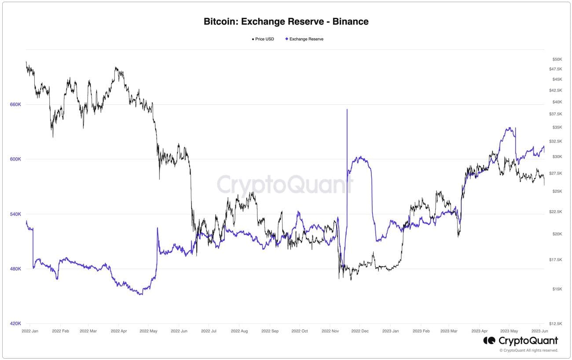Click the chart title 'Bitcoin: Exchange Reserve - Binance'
286,21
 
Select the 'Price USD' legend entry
264,39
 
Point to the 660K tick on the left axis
15,104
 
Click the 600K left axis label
15,159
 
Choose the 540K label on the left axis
15,214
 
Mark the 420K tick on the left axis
15,323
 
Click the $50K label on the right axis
557,59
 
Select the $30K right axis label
557,157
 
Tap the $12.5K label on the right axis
556,323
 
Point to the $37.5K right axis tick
556,114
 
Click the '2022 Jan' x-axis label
30,331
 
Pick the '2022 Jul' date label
209,331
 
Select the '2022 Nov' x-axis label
330,331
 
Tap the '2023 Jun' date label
539,331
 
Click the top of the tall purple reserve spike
347,110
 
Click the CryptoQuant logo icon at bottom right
489,341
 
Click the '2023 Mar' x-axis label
449,331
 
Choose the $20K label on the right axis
557,234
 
